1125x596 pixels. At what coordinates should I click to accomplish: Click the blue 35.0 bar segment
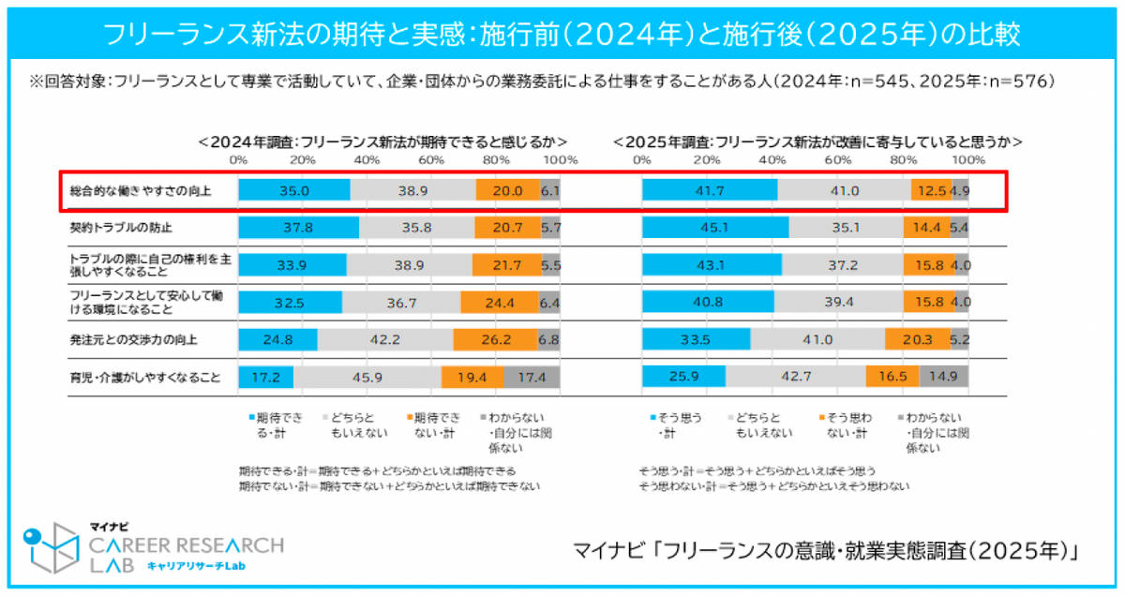[x=294, y=190]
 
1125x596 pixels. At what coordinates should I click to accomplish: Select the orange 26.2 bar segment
[x=496, y=339]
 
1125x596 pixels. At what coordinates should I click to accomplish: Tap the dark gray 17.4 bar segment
[x=532, y=378]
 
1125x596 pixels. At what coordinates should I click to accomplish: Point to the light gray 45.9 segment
[x=367, y=378]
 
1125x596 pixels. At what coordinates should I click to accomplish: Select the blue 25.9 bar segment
[x=684, y=378]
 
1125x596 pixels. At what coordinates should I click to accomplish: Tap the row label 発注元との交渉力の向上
[x=133, y=339]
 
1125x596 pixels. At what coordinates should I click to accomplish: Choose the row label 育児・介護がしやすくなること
[x=145, y=378]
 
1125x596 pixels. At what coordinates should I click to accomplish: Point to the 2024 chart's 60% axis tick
[x=431, y=160]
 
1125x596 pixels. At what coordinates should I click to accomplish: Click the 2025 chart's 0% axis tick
[x=642, y=160]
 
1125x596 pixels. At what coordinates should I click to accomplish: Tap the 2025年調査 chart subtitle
[x=817, y=142]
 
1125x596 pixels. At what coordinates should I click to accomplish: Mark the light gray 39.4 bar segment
[x=839, y=302]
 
